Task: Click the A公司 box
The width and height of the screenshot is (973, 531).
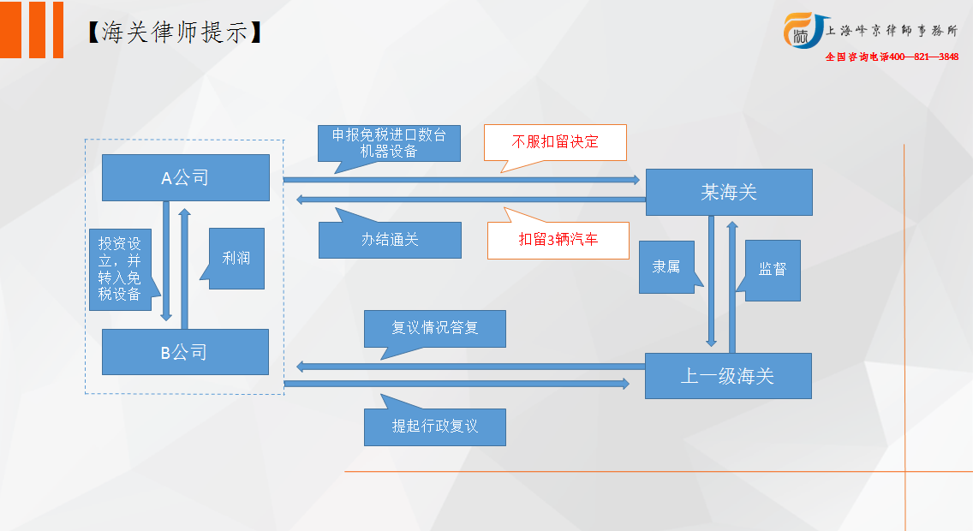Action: pyautogui.click(x=186, y=177)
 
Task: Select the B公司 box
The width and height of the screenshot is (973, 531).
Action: pyautogui.click(x=185, y=352)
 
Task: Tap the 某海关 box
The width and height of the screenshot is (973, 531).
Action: pyautogui.click(x=729, y=193)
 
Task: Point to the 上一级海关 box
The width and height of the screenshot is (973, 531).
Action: pyautogui.click(x=728, y=376)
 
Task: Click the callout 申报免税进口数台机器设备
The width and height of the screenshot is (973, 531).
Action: pyautogui.click(x=389, y=143)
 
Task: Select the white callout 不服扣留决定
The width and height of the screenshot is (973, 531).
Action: pyautogui.click(x=555, y=143)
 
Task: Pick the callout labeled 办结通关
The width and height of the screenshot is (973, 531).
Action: pyautogui.click(x=390, y=240)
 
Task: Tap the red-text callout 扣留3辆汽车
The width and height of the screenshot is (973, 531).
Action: pyautogui.click(x=558, y=240)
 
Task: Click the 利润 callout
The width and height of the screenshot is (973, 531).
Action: pyautogui.click(x=236, y=258)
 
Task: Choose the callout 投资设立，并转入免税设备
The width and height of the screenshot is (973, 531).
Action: pyautogui.click(x=121, y=269)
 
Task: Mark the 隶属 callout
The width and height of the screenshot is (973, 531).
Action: pyautogui.click(x=666, y=266)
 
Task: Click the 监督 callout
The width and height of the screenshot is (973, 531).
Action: pyautogui.click(x=773, y=271)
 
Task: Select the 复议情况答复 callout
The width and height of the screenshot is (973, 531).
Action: pyautogui.click(x=434, y=328)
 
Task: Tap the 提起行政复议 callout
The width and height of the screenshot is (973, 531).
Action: pyautogui.click(x=434, y=427)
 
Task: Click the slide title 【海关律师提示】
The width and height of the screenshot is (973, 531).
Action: pyautogui.click(x=175, y=33)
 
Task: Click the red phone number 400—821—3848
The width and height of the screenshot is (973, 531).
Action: pyautogui.click(x=924, y=57)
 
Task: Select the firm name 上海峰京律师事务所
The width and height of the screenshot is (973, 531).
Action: pyautogui.click(x=892, y=30)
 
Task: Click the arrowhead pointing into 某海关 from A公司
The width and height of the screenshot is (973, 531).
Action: pyautogui.click(x=636, y=180)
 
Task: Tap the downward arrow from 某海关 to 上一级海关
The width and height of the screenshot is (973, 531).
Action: pyautogui.click(x=711, y=281)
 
